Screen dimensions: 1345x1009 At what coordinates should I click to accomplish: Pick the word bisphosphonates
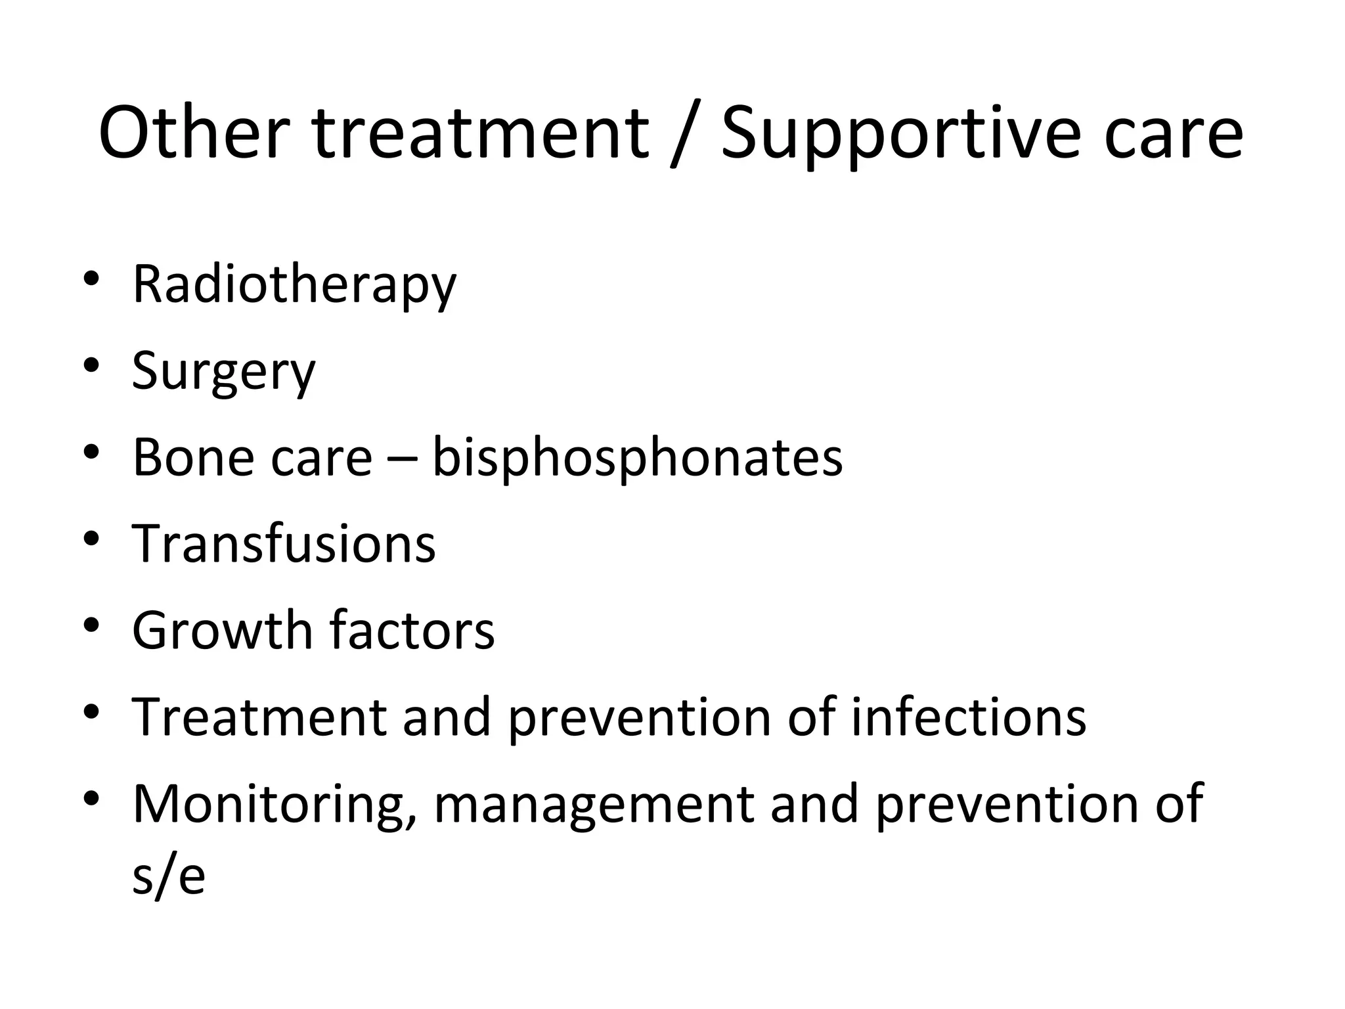(x=637, y=459)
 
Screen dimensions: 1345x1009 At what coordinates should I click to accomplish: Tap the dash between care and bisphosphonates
(x=402, y=460)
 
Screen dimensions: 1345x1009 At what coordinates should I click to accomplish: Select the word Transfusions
(x=284, y=544)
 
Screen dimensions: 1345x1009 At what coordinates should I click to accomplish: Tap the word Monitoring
(x=275, y=805)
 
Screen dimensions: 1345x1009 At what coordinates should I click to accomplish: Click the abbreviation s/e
(x=169, y=876)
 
